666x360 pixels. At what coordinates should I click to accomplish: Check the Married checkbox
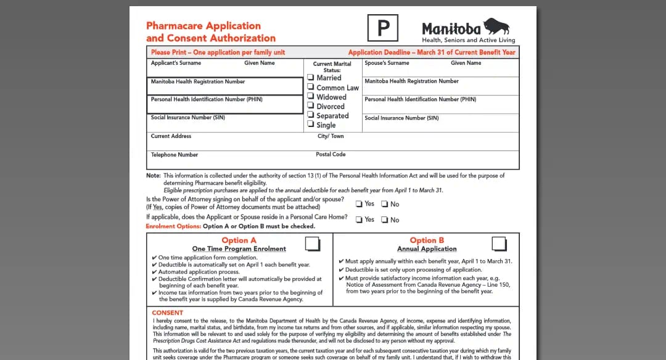311,78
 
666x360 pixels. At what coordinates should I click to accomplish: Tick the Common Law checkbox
311,88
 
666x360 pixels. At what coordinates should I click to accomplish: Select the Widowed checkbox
311,97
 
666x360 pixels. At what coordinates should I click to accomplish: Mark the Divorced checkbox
311,106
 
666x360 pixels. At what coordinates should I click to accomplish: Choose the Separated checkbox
311,115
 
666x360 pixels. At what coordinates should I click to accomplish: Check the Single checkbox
311,125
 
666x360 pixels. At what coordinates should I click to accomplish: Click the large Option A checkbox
313,243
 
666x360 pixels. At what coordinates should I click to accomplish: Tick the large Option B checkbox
499,243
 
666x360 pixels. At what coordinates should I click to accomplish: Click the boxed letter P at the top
383,28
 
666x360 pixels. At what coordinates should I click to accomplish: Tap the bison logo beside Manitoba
496,27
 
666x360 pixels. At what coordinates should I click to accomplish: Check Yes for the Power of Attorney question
359,204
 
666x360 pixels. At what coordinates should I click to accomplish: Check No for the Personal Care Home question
384,219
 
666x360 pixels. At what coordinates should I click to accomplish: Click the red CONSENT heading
168,313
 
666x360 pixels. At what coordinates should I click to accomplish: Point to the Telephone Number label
175,155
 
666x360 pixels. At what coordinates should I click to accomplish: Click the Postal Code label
331,154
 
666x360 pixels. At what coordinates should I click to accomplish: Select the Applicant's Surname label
176,63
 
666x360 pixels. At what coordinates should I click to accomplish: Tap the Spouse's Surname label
387,63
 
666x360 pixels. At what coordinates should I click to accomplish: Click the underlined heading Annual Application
427,249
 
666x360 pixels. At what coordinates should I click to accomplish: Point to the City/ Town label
331,136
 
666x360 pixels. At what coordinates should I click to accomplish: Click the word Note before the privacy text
153,176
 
